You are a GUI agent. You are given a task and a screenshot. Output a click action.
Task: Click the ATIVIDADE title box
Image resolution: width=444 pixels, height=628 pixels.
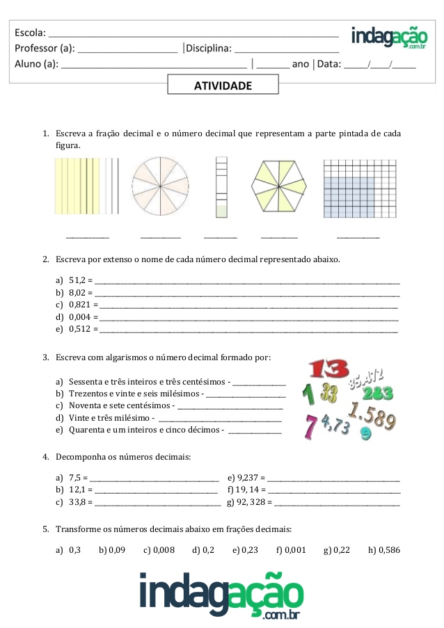click(223, 86)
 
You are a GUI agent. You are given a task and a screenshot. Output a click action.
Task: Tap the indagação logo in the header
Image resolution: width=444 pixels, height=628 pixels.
click(389, 38)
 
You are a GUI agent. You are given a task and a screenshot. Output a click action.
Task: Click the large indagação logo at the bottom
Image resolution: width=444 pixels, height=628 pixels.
click(222, 595)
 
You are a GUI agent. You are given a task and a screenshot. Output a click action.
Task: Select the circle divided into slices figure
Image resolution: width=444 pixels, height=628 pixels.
click(160, 186)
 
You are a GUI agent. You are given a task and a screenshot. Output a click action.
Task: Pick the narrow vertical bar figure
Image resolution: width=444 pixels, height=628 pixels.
click(221, 186)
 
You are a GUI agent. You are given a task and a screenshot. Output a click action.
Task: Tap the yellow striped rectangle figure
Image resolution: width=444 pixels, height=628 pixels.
click(87, 186)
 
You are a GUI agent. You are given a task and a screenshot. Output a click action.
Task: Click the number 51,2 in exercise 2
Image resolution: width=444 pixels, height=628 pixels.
click(77, 281)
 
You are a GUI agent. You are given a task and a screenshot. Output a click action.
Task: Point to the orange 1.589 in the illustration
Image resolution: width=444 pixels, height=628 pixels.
click(372, 417)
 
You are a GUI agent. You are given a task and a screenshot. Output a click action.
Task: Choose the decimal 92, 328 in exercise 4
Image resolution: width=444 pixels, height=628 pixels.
click(255, 501)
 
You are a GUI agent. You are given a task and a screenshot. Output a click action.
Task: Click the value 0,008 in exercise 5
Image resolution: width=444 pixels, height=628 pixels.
click(163, 550)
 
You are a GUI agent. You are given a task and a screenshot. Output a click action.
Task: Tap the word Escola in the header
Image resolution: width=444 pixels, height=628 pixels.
click(30, 32)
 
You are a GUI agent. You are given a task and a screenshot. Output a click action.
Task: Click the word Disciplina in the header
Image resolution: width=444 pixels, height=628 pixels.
click(208, 48)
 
